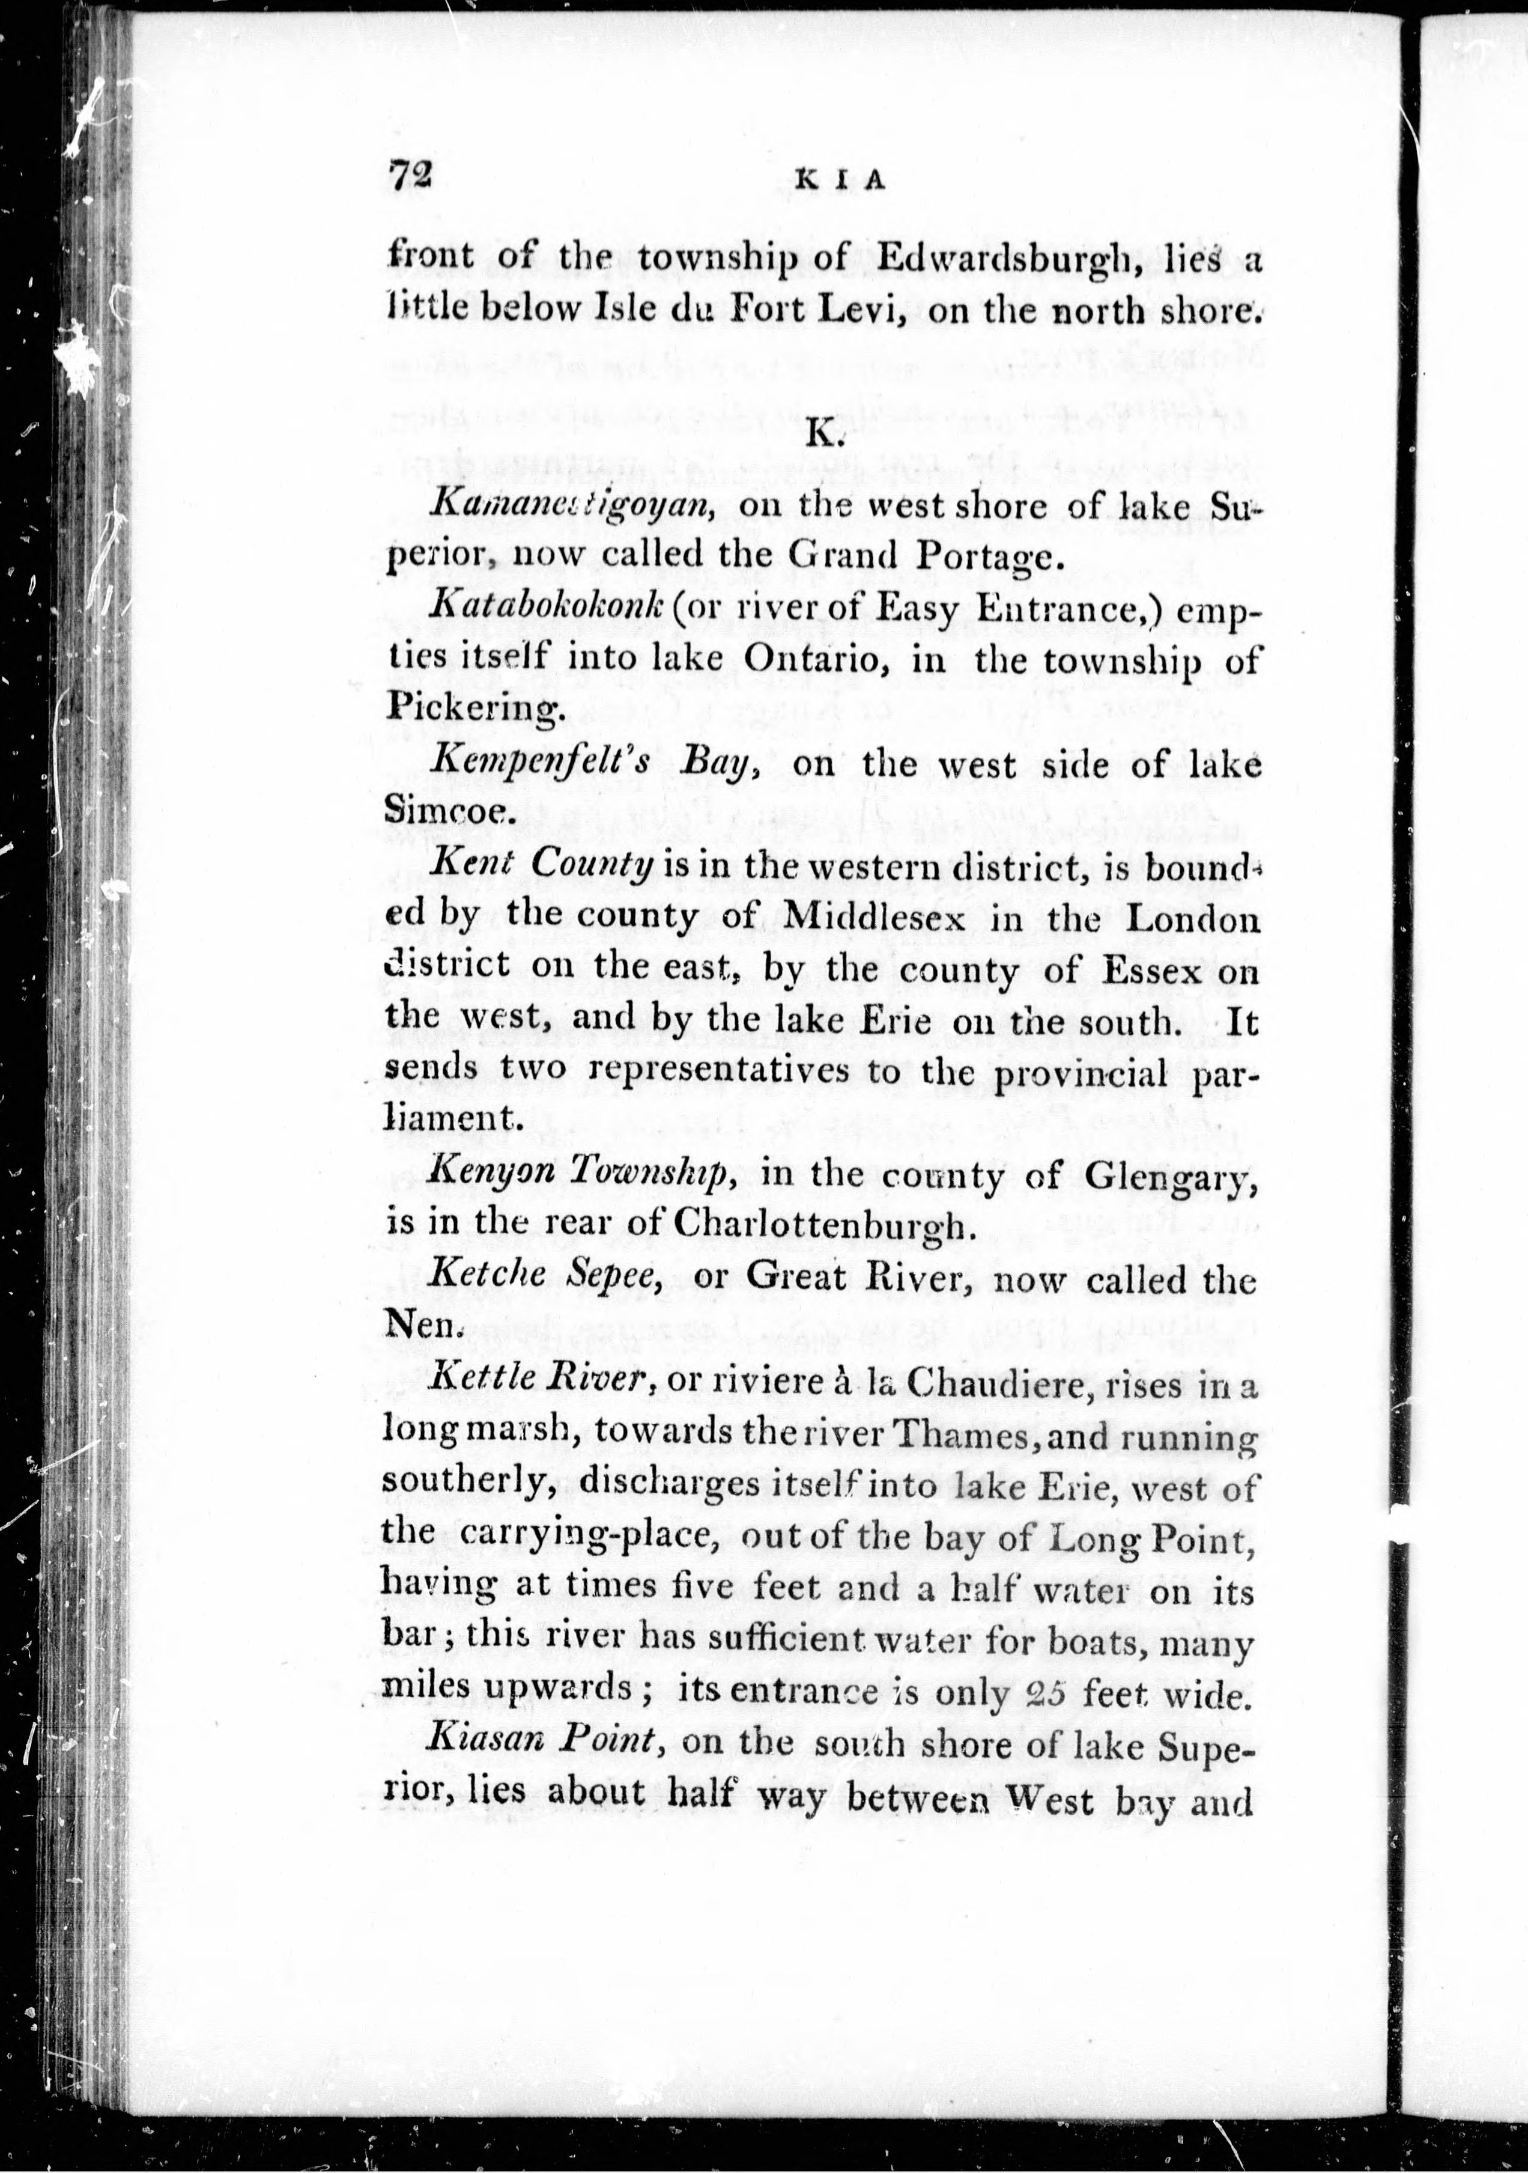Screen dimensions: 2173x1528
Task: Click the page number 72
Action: point(410,176)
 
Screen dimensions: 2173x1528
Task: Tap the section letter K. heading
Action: point(819,434)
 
